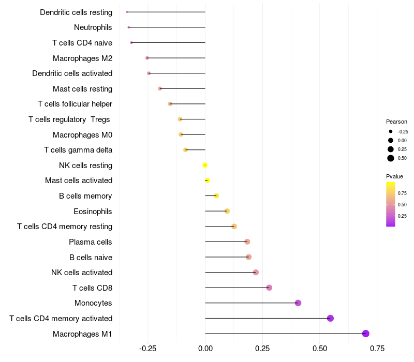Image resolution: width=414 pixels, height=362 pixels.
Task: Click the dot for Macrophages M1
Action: click(365, 334)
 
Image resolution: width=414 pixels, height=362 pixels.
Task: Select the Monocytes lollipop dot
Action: click(298, 303)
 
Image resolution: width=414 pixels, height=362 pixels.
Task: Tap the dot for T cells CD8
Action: click(269, 288)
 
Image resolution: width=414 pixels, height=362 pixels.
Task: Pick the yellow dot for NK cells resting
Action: click(205, 165)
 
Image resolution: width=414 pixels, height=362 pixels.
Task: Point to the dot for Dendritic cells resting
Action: click(127, 12)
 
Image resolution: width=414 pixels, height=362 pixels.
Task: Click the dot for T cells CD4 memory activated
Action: click(330, 318)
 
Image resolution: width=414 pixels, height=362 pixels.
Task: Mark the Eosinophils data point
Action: click(227, 211)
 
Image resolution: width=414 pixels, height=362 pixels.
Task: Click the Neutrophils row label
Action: click(93, 27)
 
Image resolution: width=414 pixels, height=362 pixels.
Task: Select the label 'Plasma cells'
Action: click(91, 242)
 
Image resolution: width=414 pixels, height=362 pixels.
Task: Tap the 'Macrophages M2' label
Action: click(83, 58)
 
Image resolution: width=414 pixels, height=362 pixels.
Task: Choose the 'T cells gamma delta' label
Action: click(78, 150)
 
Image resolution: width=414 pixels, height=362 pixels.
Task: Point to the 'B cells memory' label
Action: click(86, 196)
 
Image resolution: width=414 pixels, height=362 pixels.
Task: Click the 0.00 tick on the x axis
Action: click(205, 349)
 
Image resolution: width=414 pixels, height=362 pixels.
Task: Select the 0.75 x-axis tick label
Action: click(377, 349)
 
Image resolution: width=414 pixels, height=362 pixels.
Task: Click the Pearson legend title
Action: click(396, 122)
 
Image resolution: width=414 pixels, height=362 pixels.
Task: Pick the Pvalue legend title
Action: click(394, 176)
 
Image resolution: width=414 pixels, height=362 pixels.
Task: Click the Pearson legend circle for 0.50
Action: click(391, 158)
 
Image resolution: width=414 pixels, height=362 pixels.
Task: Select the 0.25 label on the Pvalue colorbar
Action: click(402, 216)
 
